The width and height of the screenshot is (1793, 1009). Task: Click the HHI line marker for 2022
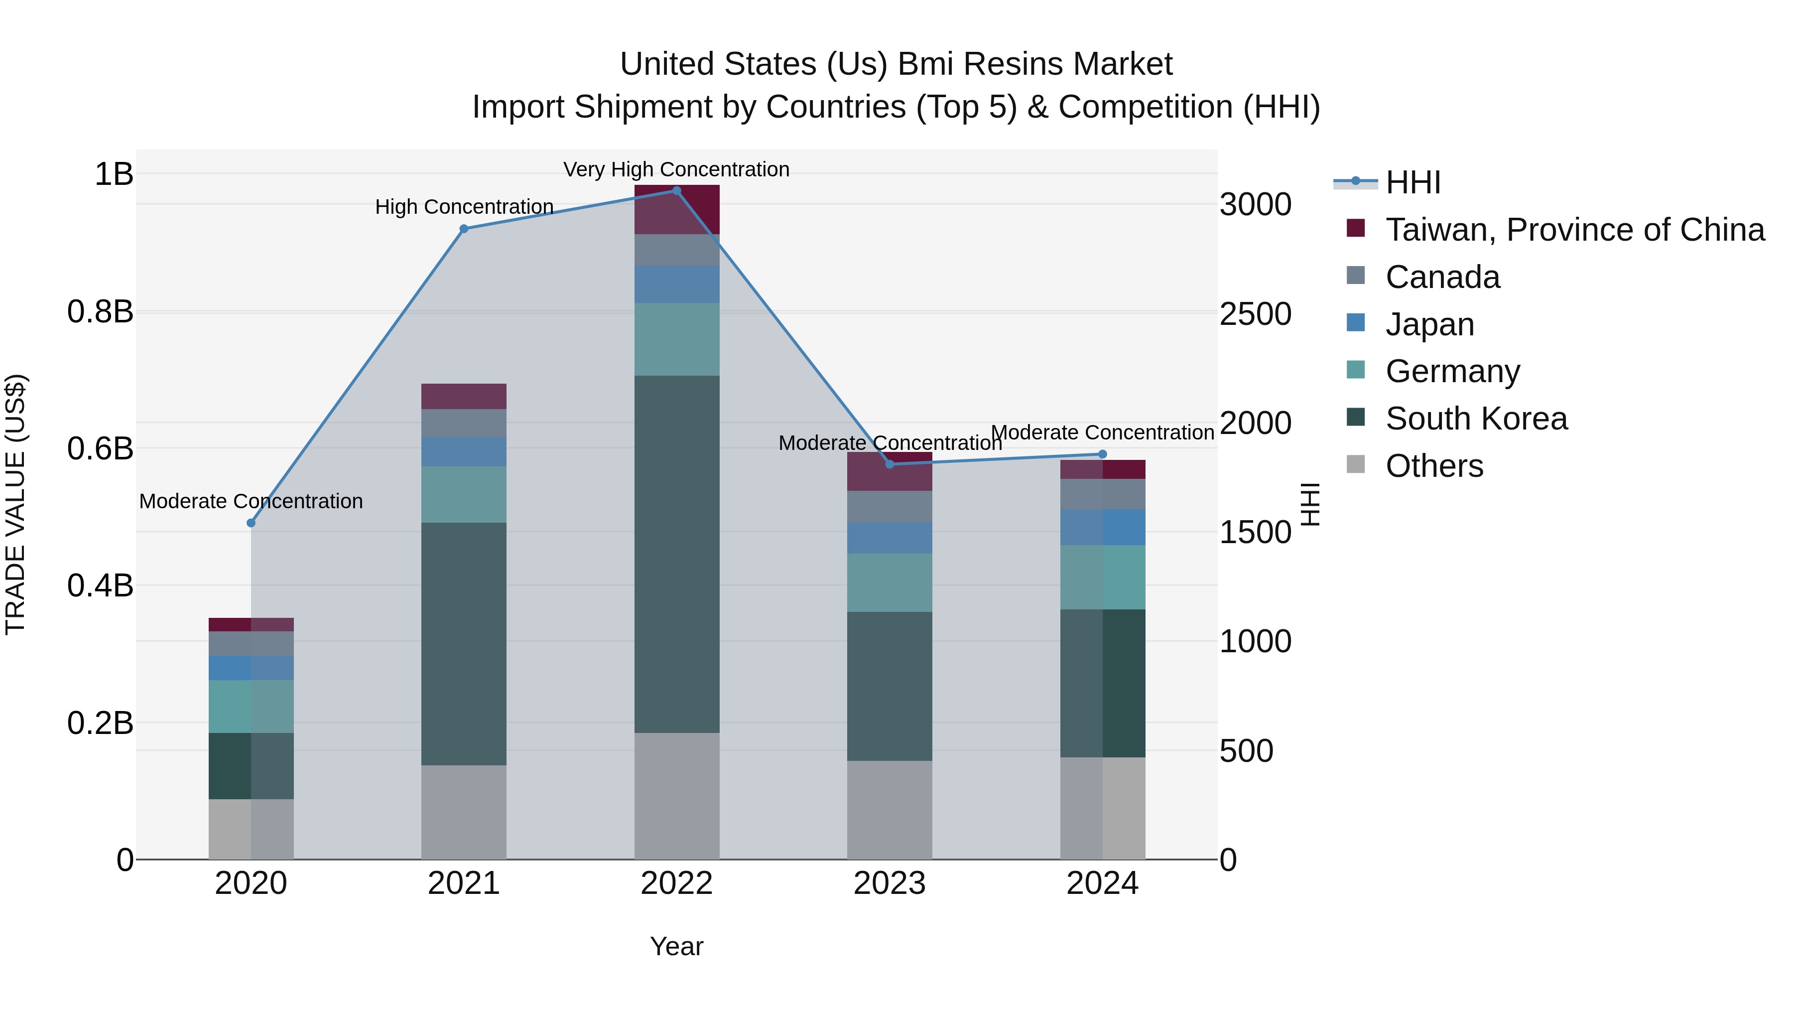[x=676, y=191]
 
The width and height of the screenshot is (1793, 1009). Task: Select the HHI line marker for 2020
[x=252, y=523]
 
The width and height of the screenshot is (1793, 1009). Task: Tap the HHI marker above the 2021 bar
[x=464, y=229]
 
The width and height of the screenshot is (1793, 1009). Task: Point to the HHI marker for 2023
[x=890, y=464]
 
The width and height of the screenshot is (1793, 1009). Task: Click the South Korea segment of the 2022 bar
[x=676, y=554]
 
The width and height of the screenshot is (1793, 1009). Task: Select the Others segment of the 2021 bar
[x=464, y=812]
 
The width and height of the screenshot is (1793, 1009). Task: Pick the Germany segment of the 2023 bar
[x=890, y=583]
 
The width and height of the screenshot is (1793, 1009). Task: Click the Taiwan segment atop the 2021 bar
[x=464, y=396]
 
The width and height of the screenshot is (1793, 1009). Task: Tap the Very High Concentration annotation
[x=676, y=170]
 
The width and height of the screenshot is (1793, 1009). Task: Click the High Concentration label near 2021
[x=464, y=207]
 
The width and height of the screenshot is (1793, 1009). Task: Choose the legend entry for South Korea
[x=1476, y=419]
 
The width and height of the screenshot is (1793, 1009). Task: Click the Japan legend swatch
[x=1356, y=323]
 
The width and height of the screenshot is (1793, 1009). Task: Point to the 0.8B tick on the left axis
[x=100, y=312]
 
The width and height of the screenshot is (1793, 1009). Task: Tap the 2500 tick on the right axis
[x=1255, y=314]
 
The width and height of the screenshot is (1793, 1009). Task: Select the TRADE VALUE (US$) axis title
[x=15, y=504]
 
